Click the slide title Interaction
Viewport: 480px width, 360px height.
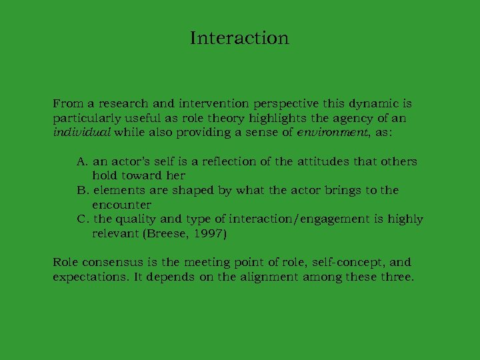[x=239, y=38]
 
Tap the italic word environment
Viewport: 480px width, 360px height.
[x=324, y=133]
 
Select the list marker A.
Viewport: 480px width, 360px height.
[x=82, y=161]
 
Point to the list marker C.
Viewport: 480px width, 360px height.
[x=82, y=219]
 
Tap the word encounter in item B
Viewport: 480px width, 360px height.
[x=121, y=205]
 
